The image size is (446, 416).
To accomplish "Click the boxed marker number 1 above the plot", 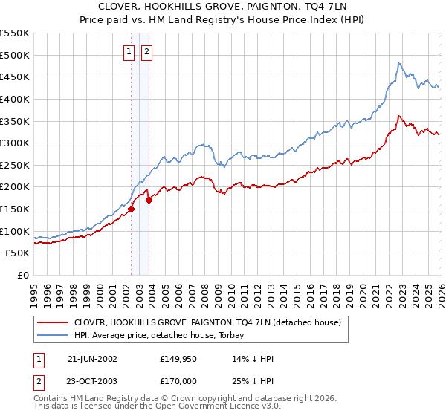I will click(129, 51).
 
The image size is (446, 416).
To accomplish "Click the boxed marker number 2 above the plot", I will click(146, 51).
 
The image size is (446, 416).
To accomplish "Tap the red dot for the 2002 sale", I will click(132, 209).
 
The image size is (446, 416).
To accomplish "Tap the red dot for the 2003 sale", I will click(149, 199).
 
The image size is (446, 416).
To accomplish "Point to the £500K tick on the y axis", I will click(15, 55).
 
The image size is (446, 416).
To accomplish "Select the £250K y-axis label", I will click(15, 165).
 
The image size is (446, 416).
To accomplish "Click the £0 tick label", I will click(22, 275).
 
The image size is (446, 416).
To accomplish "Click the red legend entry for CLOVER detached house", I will click(207, 322).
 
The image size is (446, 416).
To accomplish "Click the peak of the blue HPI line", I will click(399, 63).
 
